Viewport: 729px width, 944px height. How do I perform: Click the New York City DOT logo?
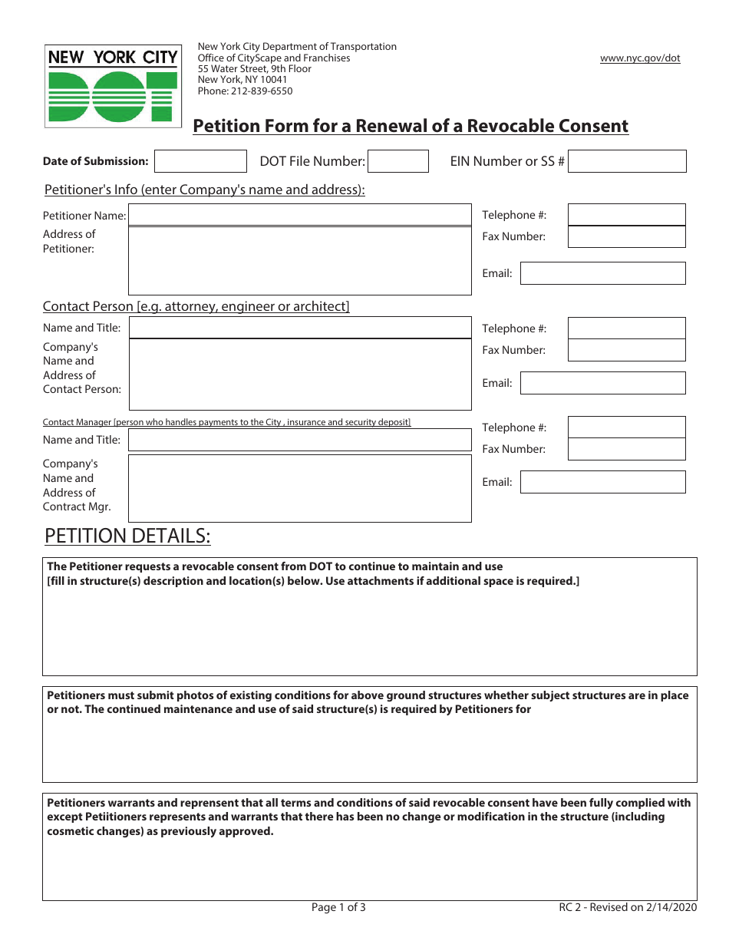point(113,86)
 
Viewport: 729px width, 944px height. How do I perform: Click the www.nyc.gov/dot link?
point(639,58)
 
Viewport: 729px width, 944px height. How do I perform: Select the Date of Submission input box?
point(200,161)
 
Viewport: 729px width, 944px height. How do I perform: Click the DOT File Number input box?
point(397,161)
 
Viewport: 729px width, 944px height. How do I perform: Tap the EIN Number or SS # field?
point(627,161)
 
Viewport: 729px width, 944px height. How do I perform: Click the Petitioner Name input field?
point(299,215)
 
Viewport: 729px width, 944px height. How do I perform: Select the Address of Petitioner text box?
point(299,261)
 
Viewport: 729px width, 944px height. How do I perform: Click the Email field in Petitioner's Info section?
point(602,273)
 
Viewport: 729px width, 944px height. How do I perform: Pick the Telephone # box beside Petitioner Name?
point(626,215)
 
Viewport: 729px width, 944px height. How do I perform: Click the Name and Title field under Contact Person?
point(299,328)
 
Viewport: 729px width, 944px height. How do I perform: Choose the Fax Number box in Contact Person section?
point(626,350)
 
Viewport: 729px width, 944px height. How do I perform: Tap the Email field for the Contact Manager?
point(602,482)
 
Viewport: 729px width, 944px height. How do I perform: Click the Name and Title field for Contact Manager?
point(299,440)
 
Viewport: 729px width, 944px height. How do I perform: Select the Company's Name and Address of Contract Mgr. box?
point(299,488)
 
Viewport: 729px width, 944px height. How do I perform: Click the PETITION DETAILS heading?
point(127,536)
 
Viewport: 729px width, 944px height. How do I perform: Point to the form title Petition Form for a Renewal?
point(410,126)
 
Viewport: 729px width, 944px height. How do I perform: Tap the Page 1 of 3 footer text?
point(338,908)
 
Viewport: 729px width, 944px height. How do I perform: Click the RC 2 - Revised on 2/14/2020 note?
point(628,908)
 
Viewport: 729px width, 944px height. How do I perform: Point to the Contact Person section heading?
point(196,306)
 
